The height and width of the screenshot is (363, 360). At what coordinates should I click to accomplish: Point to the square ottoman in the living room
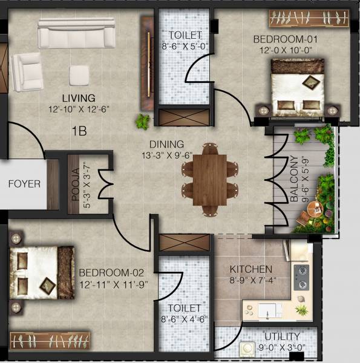click(x=79, y=75)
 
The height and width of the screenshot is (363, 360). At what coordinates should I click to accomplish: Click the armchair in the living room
click(x=25, y=71)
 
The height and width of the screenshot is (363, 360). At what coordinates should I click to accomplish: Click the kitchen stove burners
click(x=301, y=276)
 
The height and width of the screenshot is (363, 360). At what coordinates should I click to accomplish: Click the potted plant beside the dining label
click(x=143, y=121)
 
